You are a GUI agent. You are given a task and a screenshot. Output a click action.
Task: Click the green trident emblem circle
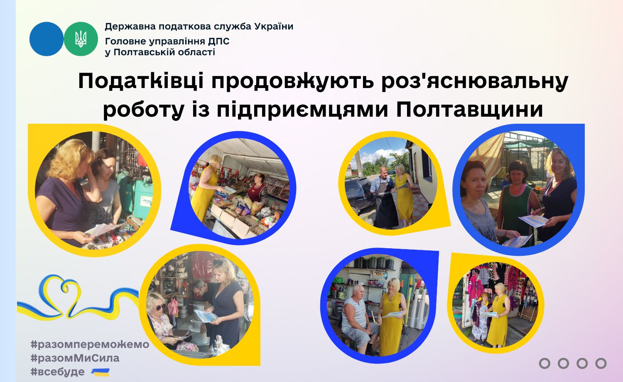81,39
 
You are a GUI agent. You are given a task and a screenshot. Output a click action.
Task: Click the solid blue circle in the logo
47,39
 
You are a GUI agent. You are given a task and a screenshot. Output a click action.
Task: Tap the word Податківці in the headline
141,81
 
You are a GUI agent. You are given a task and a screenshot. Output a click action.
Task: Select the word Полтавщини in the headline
469,109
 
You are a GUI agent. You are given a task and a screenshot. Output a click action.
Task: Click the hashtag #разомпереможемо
90,345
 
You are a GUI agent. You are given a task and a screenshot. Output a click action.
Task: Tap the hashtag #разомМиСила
75,358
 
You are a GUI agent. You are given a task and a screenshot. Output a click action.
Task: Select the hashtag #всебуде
58,372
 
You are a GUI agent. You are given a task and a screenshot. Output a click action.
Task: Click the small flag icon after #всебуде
100,372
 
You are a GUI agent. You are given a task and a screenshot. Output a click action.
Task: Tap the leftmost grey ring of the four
545,363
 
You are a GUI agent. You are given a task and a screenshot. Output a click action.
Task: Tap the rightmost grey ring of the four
601,363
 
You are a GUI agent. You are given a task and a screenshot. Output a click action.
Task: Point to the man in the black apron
385,197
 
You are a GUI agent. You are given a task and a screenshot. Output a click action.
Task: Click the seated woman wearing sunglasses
161,320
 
